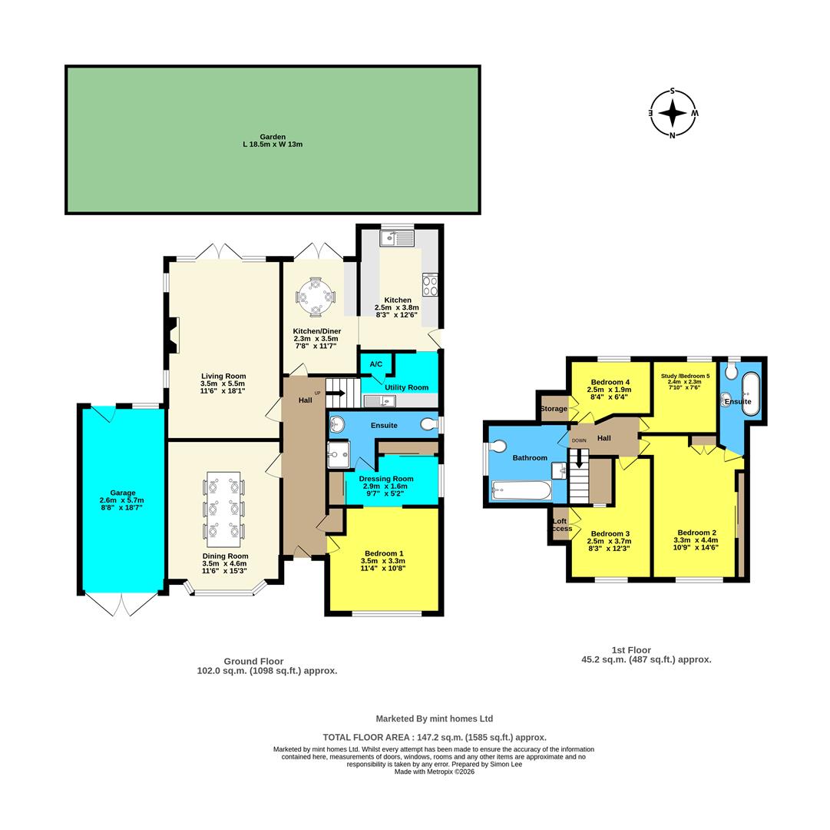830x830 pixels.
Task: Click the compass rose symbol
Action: (673, 114)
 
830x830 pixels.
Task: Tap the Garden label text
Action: (273, 137)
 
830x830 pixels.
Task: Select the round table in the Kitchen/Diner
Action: (316, 296)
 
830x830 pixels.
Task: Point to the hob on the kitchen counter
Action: (430, 285)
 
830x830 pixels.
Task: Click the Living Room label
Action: (223, 376)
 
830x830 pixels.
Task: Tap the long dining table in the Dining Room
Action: (223, 509)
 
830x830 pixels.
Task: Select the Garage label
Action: (122, 493)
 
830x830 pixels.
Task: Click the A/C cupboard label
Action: (376, 364)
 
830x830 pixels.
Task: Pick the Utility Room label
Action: (407, 387)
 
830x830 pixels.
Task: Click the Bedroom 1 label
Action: (384, 553)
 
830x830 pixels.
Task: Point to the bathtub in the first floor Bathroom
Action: (521, 490)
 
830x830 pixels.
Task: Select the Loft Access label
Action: (560, 525)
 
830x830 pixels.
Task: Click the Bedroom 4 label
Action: (610, 382)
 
